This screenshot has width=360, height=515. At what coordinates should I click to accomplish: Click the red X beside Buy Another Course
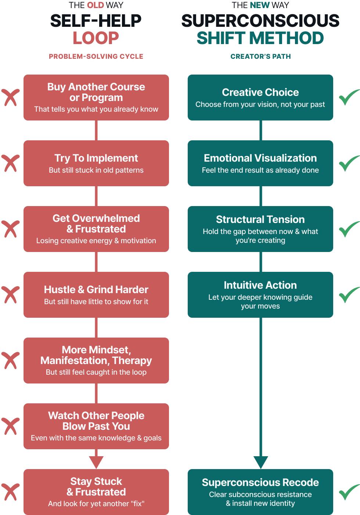pyautogui.click(x=10, y=97)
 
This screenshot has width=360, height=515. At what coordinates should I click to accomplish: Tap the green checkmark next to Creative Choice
pyautogui.click(x=349, y=97)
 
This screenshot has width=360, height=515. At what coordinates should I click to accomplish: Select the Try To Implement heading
pyautogui.click(x=96, y=158)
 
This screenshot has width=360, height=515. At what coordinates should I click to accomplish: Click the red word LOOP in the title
pyautogui.click(x=96, y=38)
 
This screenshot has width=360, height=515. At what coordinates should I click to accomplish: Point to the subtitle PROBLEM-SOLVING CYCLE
pyautogui.click(x=96, y=56)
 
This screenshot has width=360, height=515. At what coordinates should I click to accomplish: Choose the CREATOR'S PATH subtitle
pyautogui.click(x=260, y=56)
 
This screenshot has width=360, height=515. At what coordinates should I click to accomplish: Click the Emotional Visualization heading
pyautogui.click(x=260, y=158)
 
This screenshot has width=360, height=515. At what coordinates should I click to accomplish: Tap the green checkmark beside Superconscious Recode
pyautogui.click(x=349, y=492)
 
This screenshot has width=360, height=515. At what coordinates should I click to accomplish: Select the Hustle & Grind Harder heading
pyautogui.click(x=96, y=290)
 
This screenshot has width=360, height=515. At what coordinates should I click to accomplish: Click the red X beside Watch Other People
pyautogui.click(x=10, y=426)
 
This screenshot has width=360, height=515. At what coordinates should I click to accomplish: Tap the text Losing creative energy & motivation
pyautogui.click(x=96, y=241)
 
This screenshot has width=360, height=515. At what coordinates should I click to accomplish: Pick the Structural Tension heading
pyautogui.click(x=260, y=220)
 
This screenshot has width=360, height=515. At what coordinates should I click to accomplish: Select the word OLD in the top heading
pyautogui.click(x=96, y=5)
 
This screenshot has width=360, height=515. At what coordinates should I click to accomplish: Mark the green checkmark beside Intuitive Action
pyautogui.click(x=349, y=295)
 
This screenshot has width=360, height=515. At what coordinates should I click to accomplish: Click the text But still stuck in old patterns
pyautogui.click(x=96, y=170)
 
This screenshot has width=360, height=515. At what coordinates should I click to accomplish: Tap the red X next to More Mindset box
pyautogui.click(x=10, y=360)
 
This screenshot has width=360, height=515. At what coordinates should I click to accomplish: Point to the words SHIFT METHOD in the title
pyautogui.click(x=260, y=38)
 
